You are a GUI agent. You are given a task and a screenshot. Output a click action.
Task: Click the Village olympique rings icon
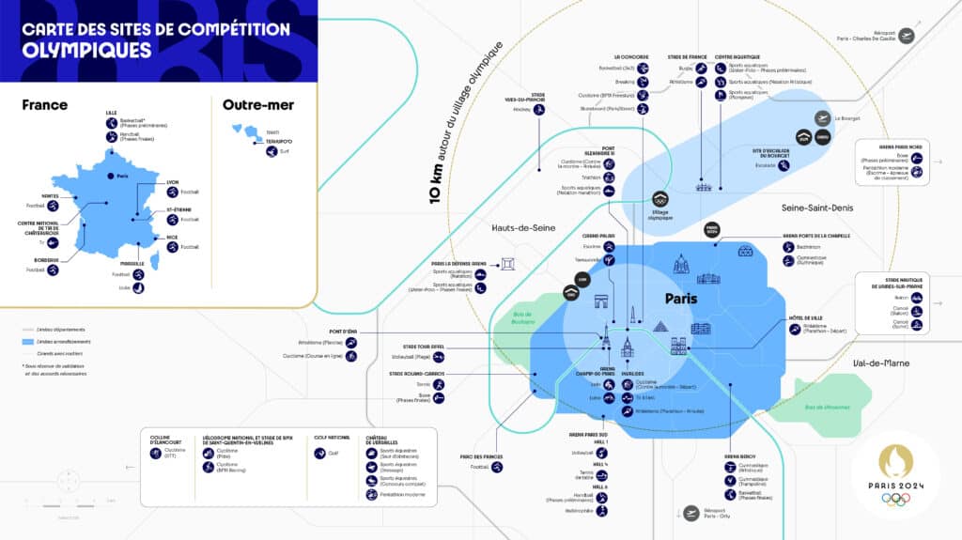pos(659,199)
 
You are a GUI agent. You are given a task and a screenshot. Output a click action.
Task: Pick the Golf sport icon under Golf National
pos(319,452)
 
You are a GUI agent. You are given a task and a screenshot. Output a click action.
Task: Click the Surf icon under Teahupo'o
pos(272,151)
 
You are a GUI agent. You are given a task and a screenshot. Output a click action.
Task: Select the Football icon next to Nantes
pos(54,205)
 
